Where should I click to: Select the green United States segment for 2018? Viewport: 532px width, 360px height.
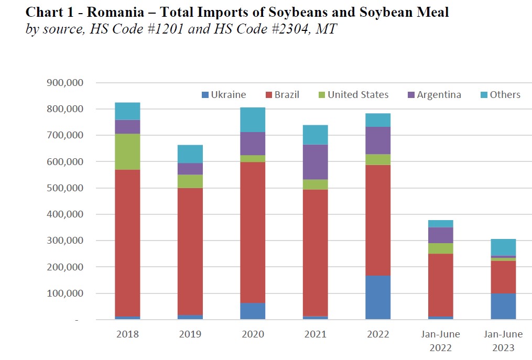(x=127, y=151)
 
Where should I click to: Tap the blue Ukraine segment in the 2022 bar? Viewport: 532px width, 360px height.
(x=378, y=297)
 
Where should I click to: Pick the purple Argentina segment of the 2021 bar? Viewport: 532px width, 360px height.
(x=316, y=162)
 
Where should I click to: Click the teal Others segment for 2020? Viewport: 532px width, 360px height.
(x=253, y=119)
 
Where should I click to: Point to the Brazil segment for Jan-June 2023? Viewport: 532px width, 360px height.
(x=503, y=277)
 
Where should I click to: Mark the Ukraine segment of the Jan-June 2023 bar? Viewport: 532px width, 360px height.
(x=503, y=306)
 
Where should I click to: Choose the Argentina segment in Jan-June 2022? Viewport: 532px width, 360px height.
(x=441, y=235)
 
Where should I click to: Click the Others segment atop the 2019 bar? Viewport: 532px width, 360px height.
(x=190, y=154)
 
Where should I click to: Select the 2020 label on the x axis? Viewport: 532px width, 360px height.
(x=253, y=334)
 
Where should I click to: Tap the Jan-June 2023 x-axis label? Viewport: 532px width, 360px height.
(x=503, y=341)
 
